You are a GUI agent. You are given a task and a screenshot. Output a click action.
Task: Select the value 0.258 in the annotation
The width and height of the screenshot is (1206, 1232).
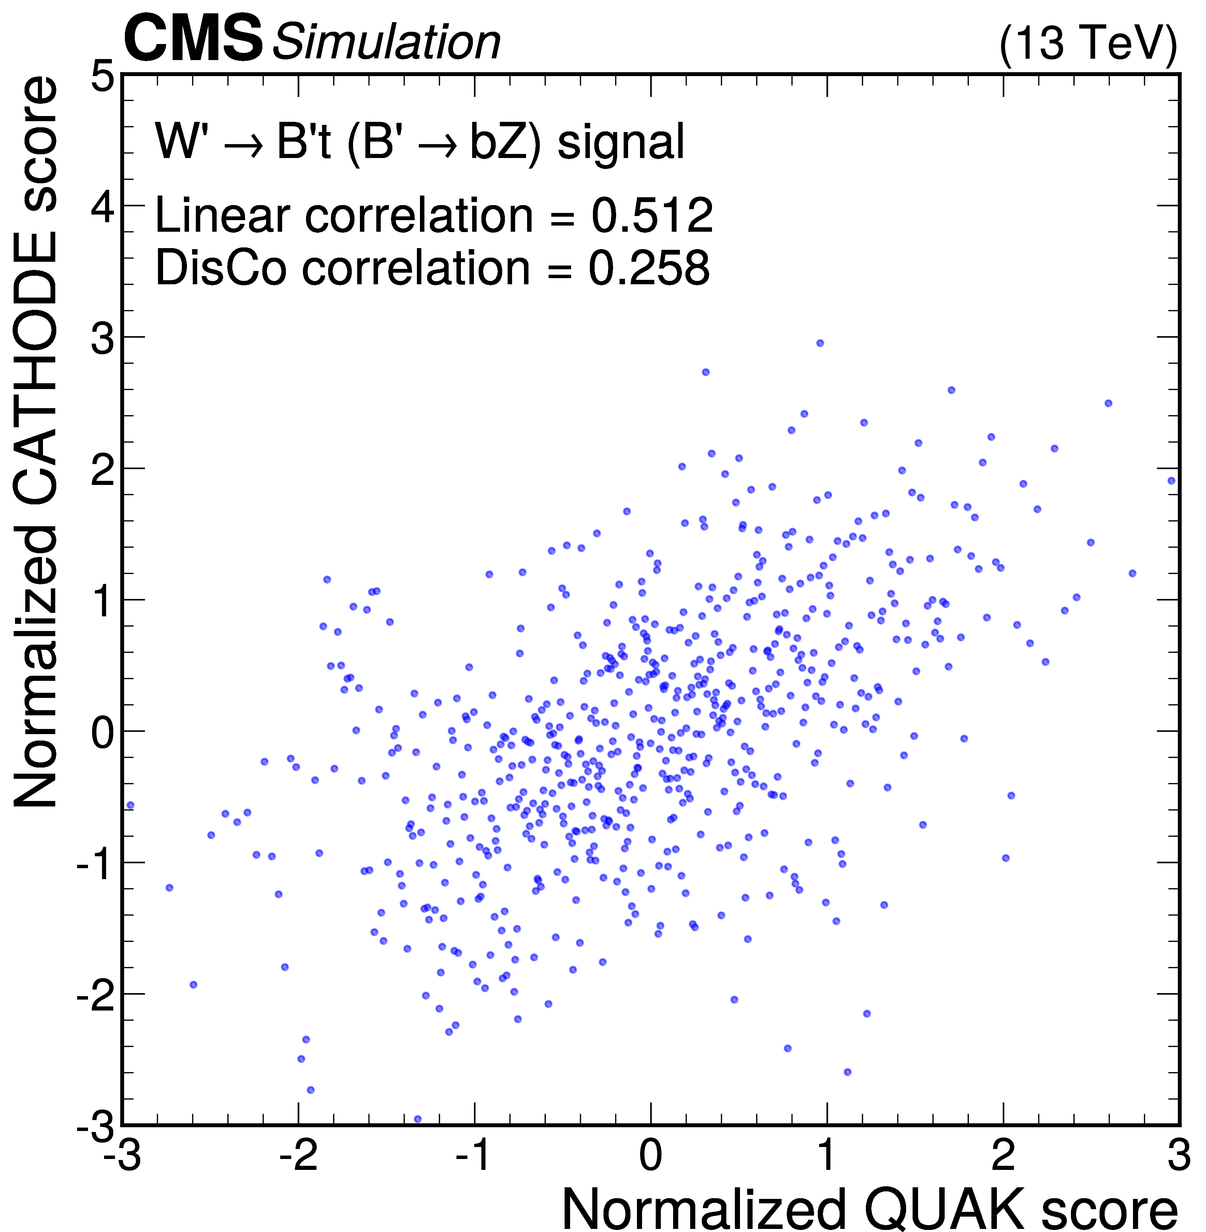[649, 268]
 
